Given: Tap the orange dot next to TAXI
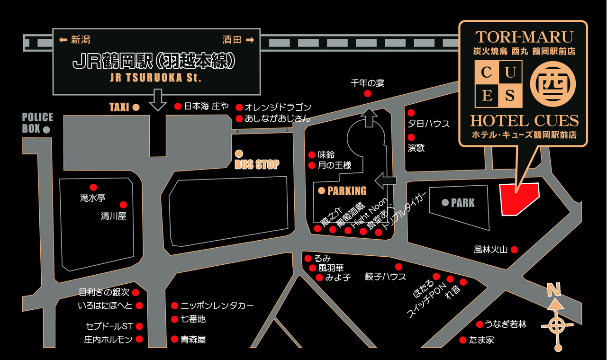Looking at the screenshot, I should tap(136, 108).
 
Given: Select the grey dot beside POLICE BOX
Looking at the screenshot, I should tap(46, 129).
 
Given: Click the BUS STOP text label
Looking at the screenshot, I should tap(257, 165).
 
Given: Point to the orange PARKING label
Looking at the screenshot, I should tap(347, 191).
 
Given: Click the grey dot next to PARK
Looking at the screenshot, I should tap(445, 203).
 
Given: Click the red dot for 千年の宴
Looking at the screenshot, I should tap(367, 94).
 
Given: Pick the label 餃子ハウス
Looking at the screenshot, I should tap(385, 276).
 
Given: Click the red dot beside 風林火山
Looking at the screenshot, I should tap(514, 249).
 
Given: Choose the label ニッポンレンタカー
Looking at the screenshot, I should tap(217, 306).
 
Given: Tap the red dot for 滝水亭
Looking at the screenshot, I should tap(93, 187).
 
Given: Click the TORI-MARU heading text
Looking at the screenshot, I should tap(524, 36).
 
